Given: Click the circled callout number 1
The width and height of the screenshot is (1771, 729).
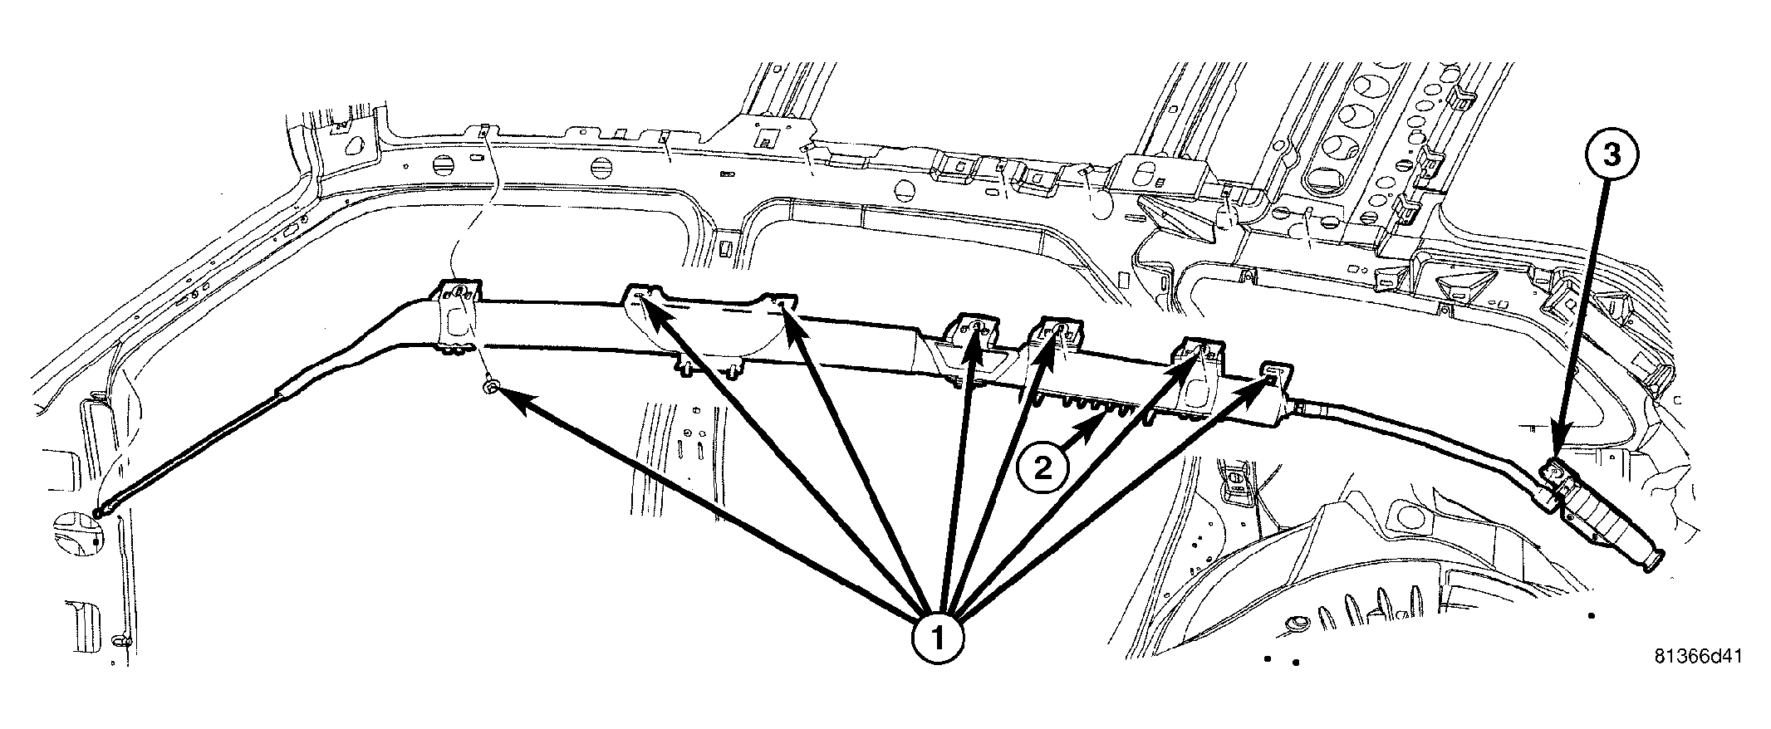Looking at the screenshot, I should click(x=937, y=638).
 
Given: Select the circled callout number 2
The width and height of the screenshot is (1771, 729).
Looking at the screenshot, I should click(x=1040, y=468).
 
